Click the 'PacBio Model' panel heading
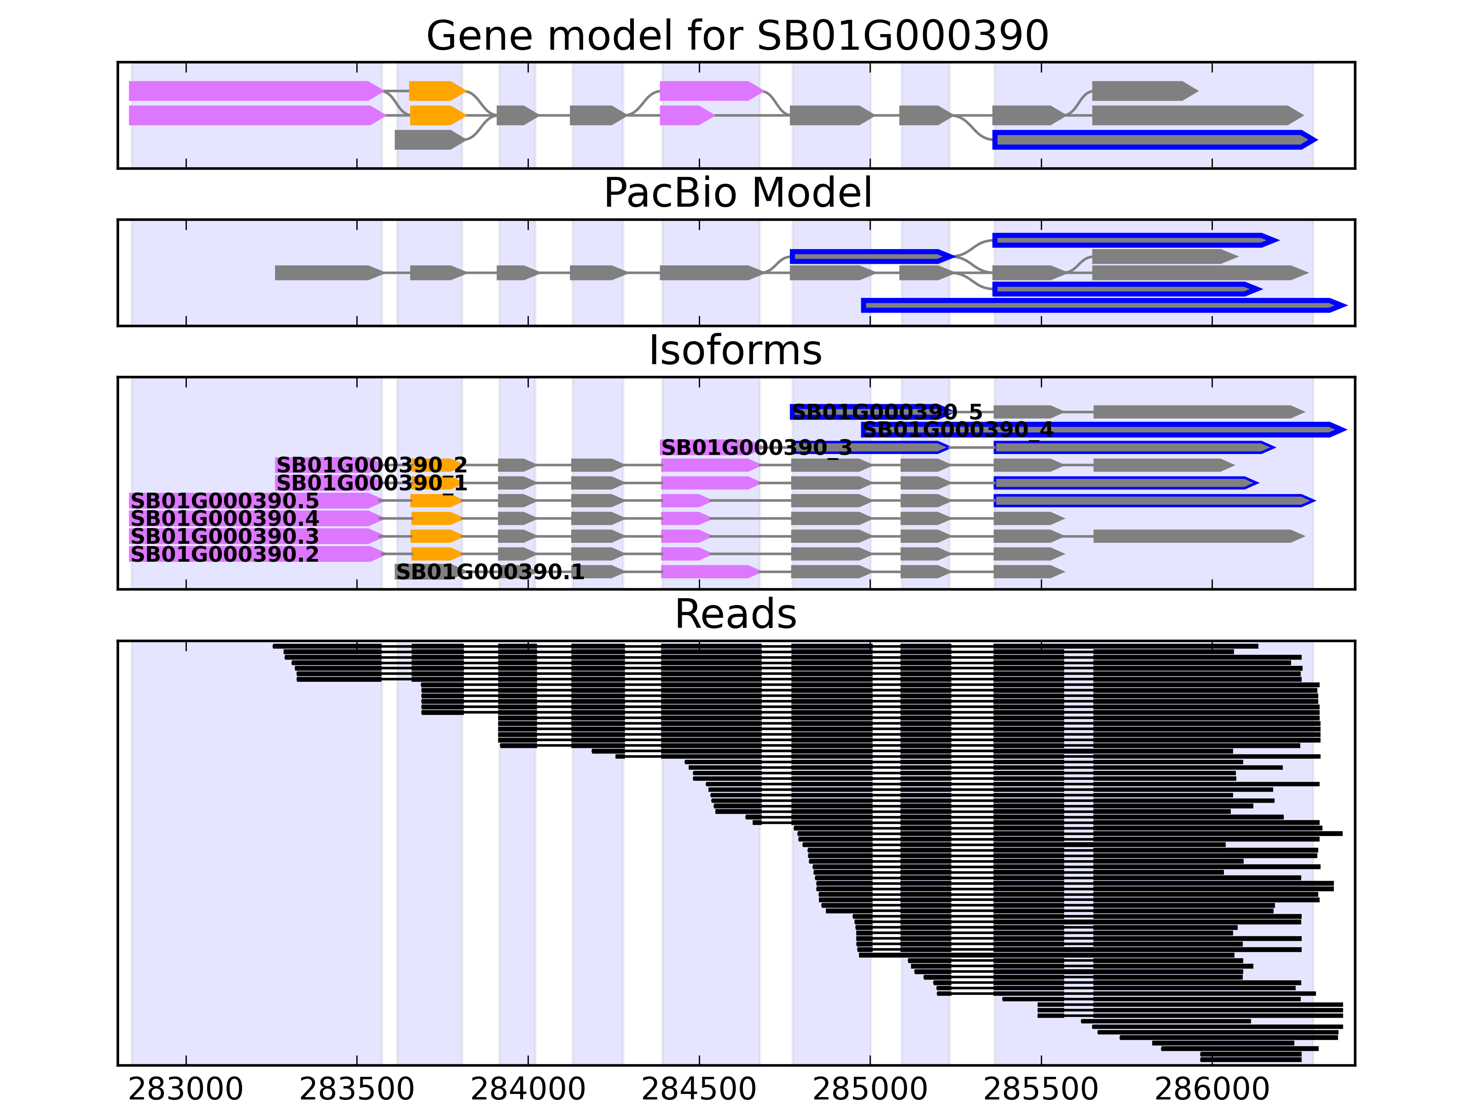736,193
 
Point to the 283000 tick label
186,1088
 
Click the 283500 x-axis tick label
357,1088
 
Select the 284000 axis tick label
528,1088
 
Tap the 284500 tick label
699,1088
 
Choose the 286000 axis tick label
1212,1088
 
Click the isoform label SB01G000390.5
225,501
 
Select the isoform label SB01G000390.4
225,518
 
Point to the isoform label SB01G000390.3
225,536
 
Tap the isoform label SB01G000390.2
225,554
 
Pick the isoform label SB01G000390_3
756,448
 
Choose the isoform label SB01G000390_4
957,430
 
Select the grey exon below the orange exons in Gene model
428,140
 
